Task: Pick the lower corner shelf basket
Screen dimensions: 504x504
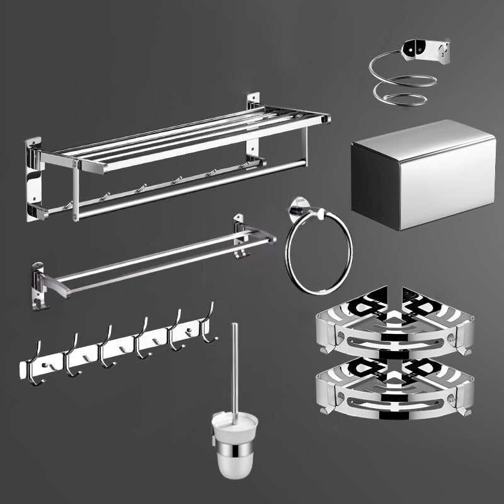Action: [393, 387]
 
